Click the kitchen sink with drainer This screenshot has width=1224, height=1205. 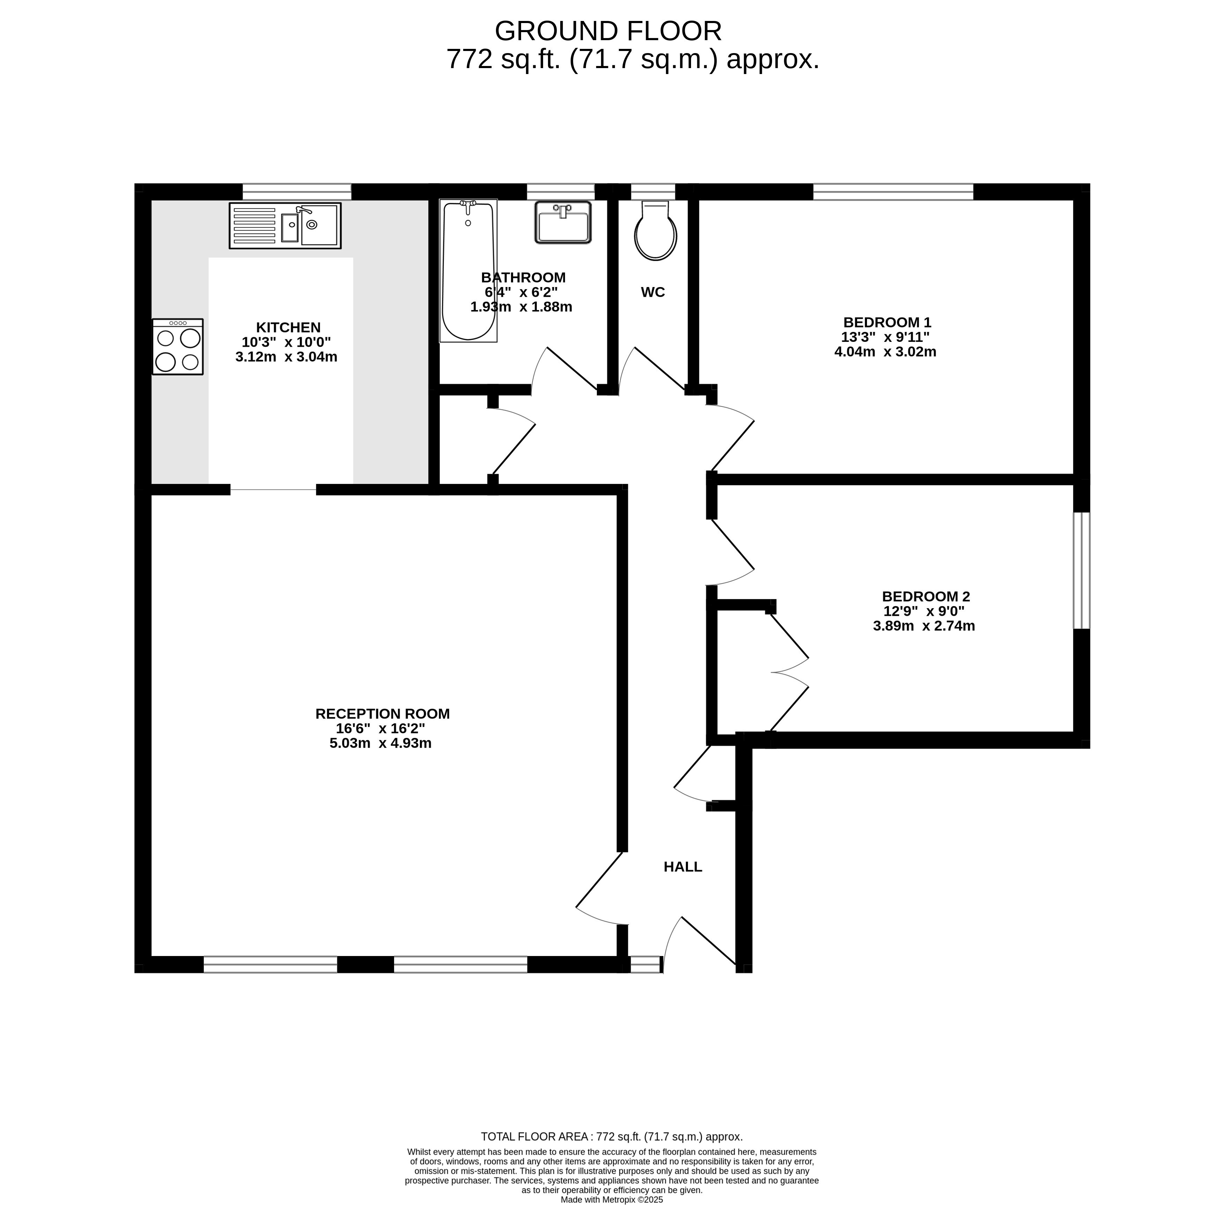click(285, 225)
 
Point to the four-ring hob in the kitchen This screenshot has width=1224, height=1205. click(178, 347)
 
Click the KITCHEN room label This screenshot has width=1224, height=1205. click(288, 327)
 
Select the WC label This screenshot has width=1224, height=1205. click(653, 292)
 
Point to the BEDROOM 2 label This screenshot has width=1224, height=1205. click(926, 596)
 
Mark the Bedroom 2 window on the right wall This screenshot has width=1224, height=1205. click(1082, 570)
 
